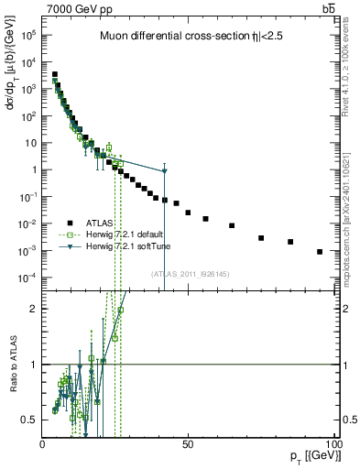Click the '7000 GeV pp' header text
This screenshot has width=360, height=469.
point(79,8)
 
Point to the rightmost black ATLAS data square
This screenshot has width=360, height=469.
point(320,251)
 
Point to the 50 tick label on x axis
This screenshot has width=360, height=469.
point(188,443)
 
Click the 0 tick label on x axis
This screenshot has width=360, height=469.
point(43,443)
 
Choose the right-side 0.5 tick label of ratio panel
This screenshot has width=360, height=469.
point(348,420)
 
